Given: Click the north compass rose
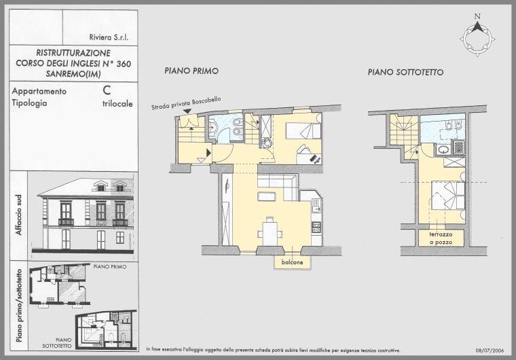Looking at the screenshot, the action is tap(477, 39).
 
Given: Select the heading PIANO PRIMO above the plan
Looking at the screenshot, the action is tap(191, 71).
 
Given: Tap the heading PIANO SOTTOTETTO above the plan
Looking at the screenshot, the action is tap(405, 72).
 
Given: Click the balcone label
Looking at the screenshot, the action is tap(292, 262).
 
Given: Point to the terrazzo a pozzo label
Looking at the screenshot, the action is tap(441, 238).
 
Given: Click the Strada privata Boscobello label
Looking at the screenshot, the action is tap(186, 103).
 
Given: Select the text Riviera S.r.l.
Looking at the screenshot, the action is tap(109, 37).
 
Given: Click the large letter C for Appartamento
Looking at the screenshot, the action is tap(107, 90).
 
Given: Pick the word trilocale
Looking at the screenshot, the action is tap(117, 104).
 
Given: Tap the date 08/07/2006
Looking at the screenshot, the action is tap(490, 350).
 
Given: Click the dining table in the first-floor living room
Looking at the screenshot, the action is tap(270, 234).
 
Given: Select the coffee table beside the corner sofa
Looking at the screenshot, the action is tap(266, 196).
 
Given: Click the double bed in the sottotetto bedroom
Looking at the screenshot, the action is tap(448, 196).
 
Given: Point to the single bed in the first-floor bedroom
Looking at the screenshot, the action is tap(303, 131).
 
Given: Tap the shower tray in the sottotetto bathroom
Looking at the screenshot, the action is tap(459, 147).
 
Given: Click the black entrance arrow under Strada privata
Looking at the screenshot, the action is tap(187, 112).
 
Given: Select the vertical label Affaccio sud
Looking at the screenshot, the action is tap(19, 215).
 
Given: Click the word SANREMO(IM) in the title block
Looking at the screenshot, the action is tap(73, 74).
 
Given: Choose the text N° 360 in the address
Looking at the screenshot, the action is tap(118, 63).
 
